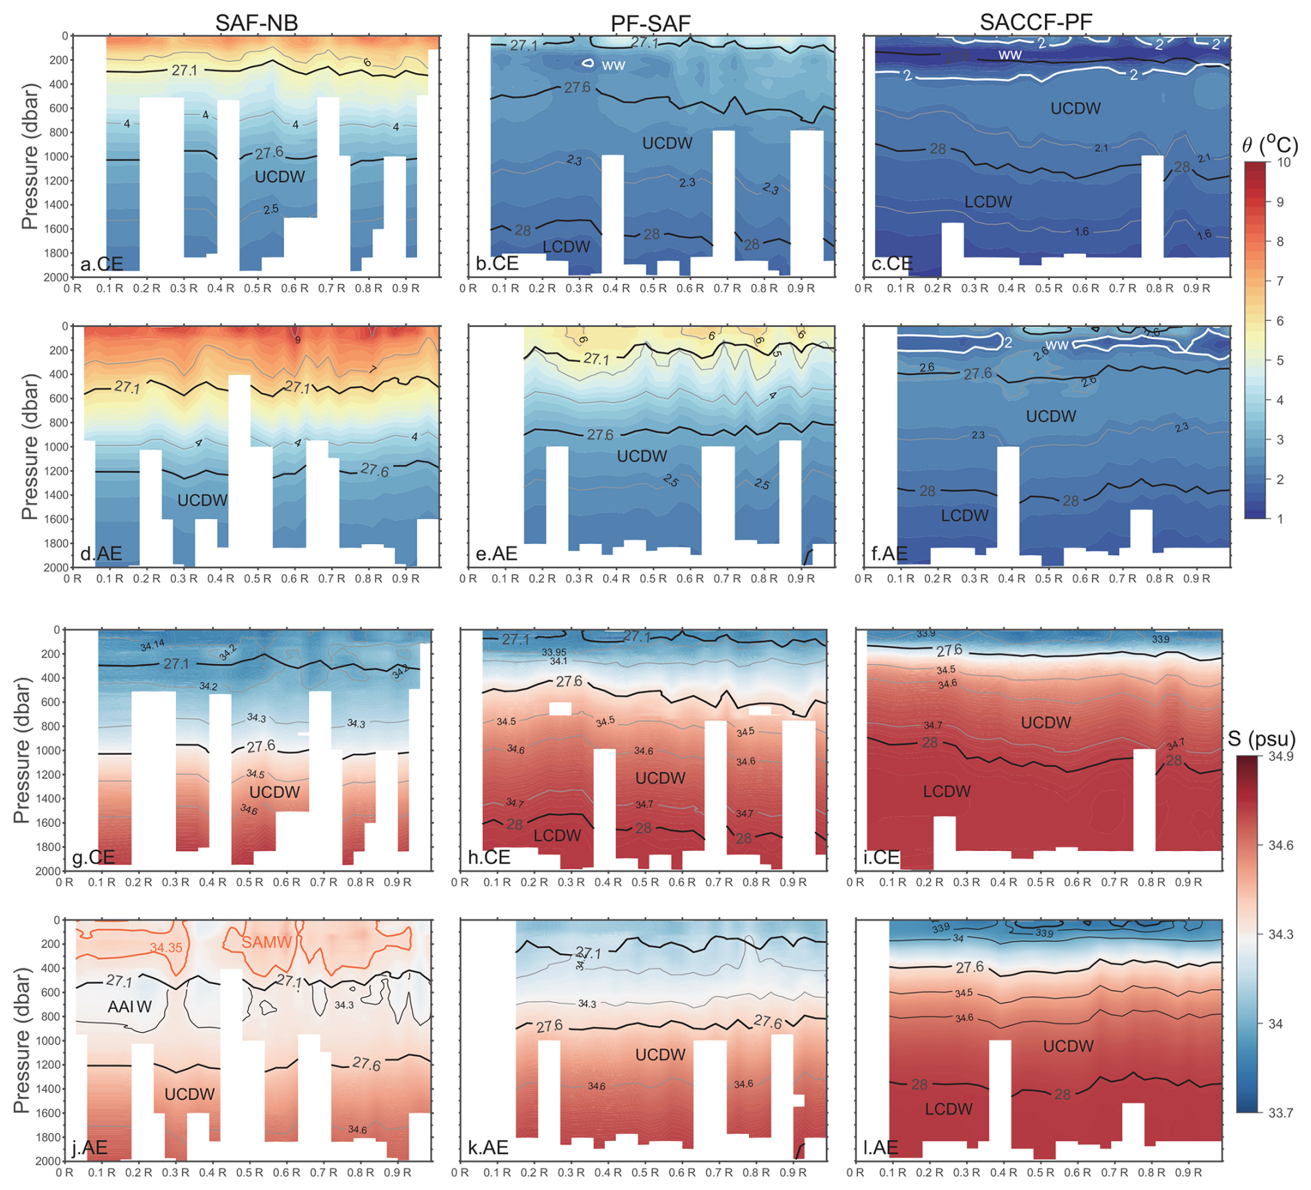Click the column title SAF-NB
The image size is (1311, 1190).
[x=256, y=22]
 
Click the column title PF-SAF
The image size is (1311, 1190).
[x=650, y=24]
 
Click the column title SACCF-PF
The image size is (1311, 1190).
[x=1036, y=22]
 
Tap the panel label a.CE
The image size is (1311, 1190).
[x=101, y=264]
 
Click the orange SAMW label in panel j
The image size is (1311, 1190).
[x=266, y=943]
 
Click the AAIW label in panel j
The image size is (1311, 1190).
[x=130, y=1007]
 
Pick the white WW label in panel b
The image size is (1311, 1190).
[x=613, y=65]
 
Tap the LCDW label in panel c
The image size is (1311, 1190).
[x=988, y=202]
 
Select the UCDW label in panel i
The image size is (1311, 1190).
[x=1046, y=723]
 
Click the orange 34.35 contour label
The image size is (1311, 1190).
[x=166, y=947]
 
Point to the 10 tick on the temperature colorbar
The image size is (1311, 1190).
[x=1284, y=162]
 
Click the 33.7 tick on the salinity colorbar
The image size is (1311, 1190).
[x=1281, y=1113]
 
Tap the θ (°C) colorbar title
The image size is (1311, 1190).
[x=1269, y=145]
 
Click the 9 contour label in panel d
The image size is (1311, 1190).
[x=298, y=340]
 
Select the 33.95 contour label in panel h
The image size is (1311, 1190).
[x=554, y=652]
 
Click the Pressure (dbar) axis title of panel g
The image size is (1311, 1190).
[x=22, y=750]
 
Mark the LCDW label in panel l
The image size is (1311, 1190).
[x=949, y=1109]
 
